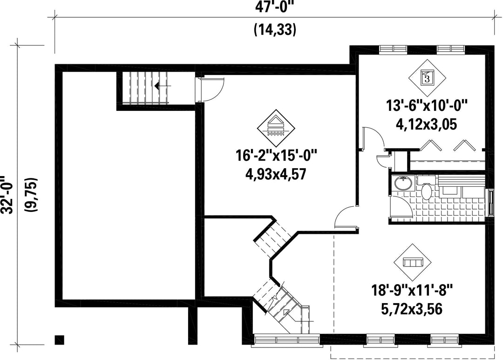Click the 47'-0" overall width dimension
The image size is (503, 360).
coord(275,7)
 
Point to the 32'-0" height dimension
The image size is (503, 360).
coord(7,195)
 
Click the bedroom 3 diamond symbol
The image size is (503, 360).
coord(427,77)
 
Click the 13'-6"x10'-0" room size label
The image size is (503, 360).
coord(427,106)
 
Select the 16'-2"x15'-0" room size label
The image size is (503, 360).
coord(276,156)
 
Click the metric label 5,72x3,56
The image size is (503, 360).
coord(412,309)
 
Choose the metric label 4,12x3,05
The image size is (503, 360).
coord(427,124)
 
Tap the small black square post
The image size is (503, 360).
coord(60,340)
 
